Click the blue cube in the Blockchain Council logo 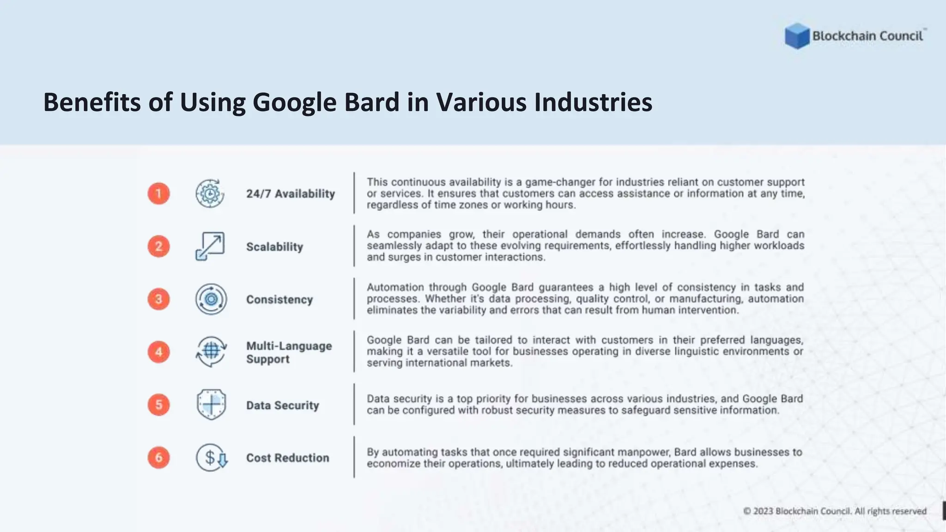pos(797,36)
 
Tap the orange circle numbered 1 pos(158,193)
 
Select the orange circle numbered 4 pos(158,352)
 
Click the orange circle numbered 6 pos(158,458)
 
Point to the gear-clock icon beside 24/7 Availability pos(210,193)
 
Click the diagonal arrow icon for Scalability pos(210,246)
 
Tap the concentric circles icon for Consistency pos(211,299)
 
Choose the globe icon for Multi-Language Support pos(211,351)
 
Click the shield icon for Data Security pos(211,405)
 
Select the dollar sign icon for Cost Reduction pos(211,458)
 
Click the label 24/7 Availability pos(291,194)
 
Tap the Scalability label pos(274,247)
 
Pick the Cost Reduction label pos(287,458)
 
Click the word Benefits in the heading pos(91,102)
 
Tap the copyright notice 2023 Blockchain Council pos(835,511)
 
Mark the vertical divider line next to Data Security pos(354,404)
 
